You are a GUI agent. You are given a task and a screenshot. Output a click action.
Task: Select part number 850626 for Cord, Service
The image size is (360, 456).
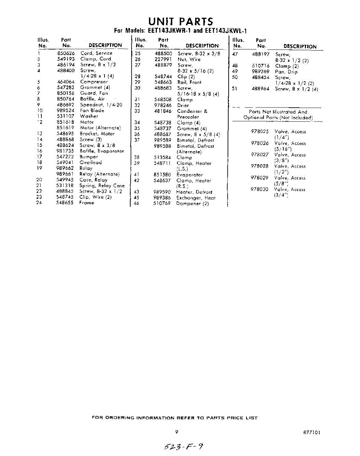click(x=65, y=54)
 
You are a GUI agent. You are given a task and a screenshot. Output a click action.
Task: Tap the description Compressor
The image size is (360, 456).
click(x=94, y=82)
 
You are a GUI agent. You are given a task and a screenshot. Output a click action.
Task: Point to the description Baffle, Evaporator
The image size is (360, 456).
click(x=101, y=151)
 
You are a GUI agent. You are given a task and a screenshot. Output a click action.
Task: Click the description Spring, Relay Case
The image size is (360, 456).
click(x=102, y=185)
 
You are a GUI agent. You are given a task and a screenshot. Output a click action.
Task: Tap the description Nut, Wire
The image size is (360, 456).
click(x=189, y=59)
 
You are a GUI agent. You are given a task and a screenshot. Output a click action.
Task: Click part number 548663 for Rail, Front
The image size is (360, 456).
click(x=163, y=82)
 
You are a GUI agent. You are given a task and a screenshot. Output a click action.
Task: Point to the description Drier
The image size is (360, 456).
click(x=183, y=105)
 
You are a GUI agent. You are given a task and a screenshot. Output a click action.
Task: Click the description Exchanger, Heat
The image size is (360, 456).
click(x=196, y=198)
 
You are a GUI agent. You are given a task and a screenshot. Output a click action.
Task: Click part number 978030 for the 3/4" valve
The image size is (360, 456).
click(x=260, y=189)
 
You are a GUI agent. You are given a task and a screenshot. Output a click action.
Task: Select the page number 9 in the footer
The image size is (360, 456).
click(x=177, y=432)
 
